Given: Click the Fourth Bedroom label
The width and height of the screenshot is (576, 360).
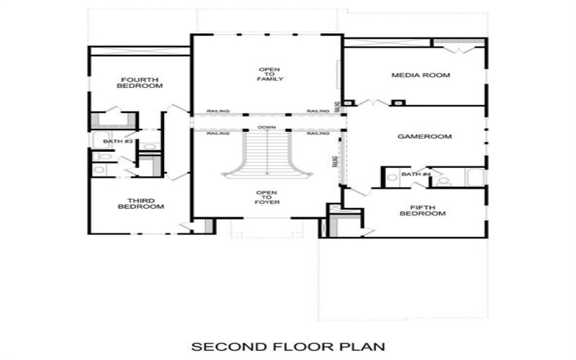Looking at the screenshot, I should pos(140,82).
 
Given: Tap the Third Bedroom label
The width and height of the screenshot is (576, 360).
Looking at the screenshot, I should pos(140,204).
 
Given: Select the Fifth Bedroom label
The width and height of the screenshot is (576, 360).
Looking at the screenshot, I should pos(413,210).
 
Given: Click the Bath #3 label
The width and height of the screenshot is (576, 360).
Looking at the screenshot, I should pos(118,141).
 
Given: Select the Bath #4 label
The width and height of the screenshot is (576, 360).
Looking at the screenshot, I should pos(415,174).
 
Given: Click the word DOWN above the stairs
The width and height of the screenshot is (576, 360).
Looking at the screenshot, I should pos(267,128).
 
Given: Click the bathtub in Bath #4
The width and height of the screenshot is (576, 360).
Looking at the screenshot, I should pos(474,177).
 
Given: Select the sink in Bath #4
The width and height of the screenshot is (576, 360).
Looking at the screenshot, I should pos(392,177).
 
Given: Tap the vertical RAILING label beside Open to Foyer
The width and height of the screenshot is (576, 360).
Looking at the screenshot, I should pos(335,162).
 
